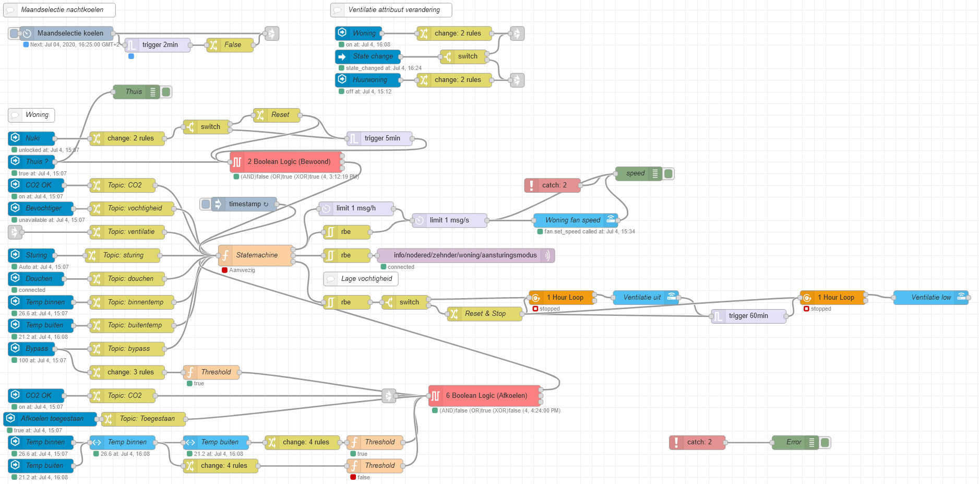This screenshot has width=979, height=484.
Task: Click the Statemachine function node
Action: tap(256, 255)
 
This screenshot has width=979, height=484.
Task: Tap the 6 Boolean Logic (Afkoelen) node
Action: tap(485, 396)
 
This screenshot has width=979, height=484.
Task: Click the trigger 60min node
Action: tap(748, 316)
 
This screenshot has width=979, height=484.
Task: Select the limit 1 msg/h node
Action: tap(356, 208)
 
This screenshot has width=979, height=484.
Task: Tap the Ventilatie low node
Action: tap(930, 298)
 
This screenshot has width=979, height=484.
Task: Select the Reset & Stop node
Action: tap(484, 314)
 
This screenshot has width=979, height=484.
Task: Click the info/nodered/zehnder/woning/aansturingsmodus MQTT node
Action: tap(465, 255)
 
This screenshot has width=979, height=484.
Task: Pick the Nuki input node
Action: tap(32, 138)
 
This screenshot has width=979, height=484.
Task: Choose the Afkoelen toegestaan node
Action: tap(51, 419)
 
